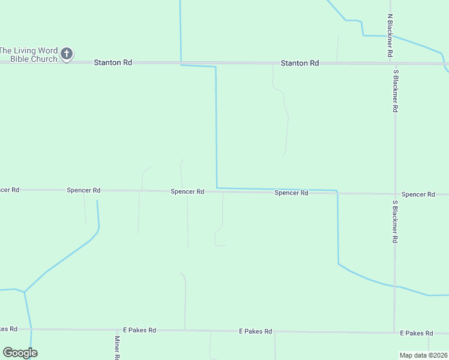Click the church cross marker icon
click(67, 55)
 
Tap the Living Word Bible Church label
click(29, 55)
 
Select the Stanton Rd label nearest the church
click(113, 62)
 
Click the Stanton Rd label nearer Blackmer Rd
click(300, 63)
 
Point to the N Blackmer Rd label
click(390, 35)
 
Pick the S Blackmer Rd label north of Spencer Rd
click(396, 91)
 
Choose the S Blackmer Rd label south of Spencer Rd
click(395, 221)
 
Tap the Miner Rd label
click(117, 347)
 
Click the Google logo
click(20, 353)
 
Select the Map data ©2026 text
click(423, 355)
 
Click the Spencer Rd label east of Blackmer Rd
click(418, 194)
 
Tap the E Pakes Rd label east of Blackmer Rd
click(417, 333)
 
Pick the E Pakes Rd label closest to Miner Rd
click(139, 330)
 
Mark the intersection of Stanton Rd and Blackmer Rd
click(393, 63)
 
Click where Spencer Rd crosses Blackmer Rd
click(394, 194)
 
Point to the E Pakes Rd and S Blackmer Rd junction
click(394, 332)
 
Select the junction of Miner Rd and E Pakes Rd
click(117, 329)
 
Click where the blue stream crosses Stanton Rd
click(181, 62)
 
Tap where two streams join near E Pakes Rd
click(25, 292)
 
